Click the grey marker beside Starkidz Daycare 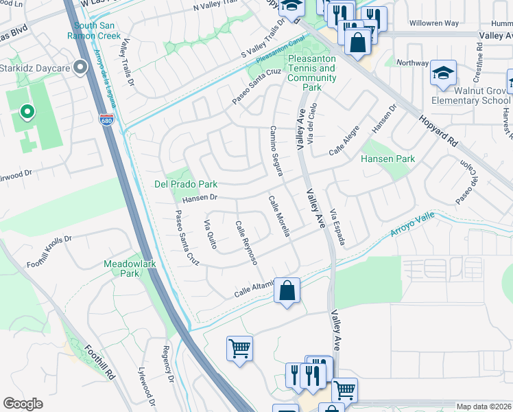click(x=80, y=67)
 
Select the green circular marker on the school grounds click(x=26, y=111)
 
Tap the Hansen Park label click(x=388, y=159)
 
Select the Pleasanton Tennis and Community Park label click(x=312, y=73)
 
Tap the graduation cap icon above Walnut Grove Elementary click(x=443, y=73)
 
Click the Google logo click(x=23, y=404)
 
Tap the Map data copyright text click(x=484, y=407)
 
